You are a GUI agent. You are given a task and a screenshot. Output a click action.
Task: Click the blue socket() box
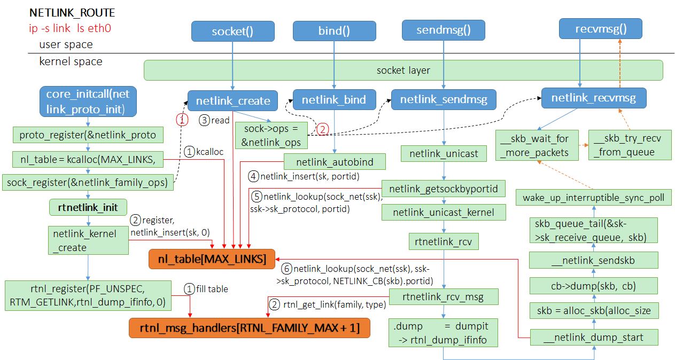(232, 31)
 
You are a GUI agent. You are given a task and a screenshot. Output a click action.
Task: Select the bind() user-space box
(334, 31)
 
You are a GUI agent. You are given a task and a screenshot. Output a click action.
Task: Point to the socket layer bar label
(403, 70)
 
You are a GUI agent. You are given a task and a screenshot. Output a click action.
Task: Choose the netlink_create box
(232, 100)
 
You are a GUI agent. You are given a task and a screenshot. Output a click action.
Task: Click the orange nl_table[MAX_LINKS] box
(212, 259)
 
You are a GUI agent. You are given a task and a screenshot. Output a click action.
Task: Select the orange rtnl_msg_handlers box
(249, 327)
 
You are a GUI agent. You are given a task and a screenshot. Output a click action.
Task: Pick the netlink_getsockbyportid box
(443, 189)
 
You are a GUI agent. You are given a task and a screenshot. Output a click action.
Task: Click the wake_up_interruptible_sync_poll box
(593, 198)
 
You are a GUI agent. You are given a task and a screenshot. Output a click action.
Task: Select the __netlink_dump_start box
(593, 337)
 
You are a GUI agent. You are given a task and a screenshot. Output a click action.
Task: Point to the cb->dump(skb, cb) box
(593, 285)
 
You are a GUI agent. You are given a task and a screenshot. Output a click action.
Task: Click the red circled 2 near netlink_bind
(322, 129)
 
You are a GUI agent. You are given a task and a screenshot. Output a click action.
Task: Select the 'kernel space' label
(71, 61)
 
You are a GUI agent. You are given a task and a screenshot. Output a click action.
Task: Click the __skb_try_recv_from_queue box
(630, 145)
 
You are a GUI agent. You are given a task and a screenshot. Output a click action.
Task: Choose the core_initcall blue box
(88, 101)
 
